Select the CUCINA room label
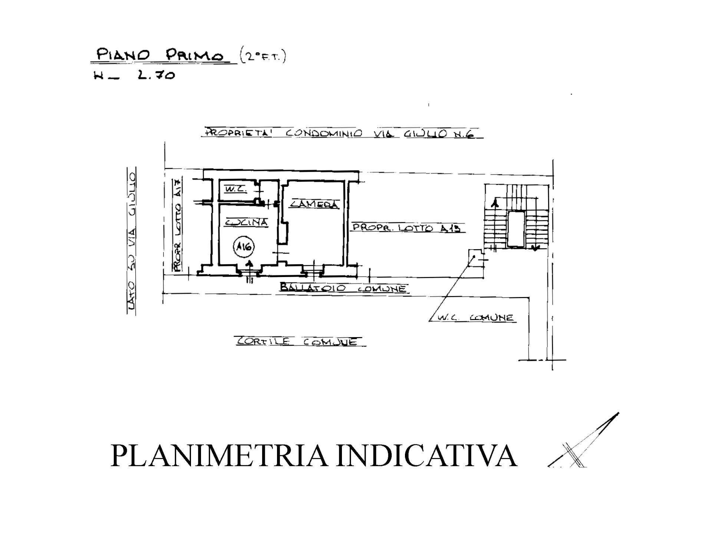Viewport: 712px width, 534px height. click(247, 222)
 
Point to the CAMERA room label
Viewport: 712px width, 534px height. click(314, 204)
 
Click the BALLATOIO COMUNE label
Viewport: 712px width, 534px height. click(343, 288)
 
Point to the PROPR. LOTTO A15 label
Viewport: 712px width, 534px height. click(408, 228)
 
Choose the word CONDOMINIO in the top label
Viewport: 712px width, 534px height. click(323, 133)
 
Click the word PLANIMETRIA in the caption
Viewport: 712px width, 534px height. click(219, 455)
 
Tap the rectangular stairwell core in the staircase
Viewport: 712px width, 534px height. click(516, 229)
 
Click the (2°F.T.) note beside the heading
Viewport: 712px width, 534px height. click(263, 57)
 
